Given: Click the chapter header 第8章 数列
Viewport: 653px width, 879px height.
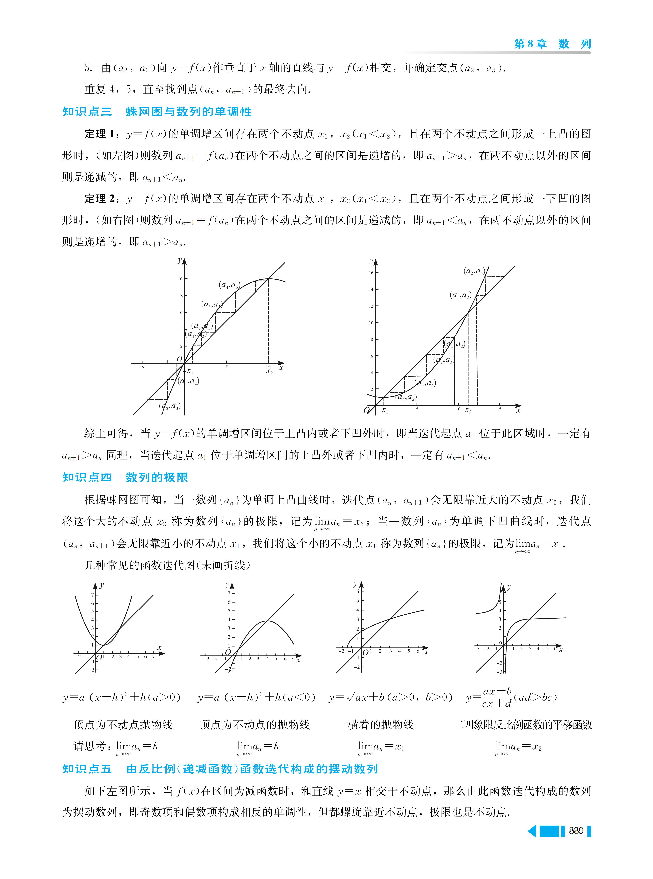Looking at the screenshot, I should coord(552,44).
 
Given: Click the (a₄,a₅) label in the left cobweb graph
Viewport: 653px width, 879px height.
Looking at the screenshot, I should coord(229,285).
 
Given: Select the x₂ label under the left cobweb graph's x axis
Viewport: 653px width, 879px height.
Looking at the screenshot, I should coord(270,372).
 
